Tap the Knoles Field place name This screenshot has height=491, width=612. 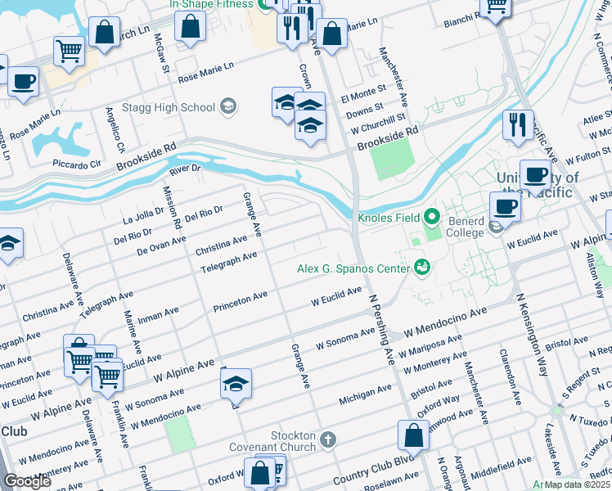coord(388,218)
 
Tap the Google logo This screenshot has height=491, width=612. coord(27,481)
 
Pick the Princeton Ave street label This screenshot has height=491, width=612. coord(241,302)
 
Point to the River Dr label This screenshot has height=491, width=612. coord(185,169)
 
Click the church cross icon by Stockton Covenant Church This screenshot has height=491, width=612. coord(327,440)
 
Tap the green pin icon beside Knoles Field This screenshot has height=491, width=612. coord(433,217)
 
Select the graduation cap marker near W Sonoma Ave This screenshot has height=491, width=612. coord(236,384)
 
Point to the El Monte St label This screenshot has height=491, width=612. coord(362,94)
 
